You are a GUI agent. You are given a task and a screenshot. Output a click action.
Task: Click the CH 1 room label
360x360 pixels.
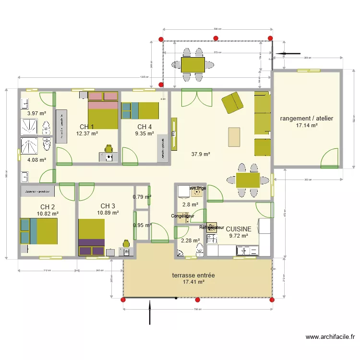87,127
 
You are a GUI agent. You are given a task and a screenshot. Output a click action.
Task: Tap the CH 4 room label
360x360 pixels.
144,127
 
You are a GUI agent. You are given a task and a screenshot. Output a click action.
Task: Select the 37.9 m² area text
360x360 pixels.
201,154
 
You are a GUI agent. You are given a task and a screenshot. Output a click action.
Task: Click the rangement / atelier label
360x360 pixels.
307,118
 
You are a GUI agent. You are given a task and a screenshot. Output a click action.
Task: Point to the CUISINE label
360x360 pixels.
239,229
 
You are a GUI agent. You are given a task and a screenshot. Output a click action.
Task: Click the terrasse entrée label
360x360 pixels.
193,276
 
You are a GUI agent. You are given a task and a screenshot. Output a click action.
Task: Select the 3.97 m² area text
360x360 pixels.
36,113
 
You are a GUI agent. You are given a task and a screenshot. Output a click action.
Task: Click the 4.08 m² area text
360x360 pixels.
36,160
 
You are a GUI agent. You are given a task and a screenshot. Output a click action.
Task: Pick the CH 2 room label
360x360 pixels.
48,206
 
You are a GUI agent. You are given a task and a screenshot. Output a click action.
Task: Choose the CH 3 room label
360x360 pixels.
108,205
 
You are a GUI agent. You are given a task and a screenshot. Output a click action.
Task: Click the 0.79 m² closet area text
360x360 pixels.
142,196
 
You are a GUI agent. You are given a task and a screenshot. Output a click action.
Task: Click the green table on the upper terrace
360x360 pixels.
193,64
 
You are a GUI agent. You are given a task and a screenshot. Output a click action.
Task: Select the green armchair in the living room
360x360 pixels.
232,102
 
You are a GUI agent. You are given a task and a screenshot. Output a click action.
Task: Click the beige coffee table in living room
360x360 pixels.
234,136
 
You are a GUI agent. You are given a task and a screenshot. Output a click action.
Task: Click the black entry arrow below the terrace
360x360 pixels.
150,312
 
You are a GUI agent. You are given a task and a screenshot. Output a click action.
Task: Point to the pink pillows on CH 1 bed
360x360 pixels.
103,96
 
